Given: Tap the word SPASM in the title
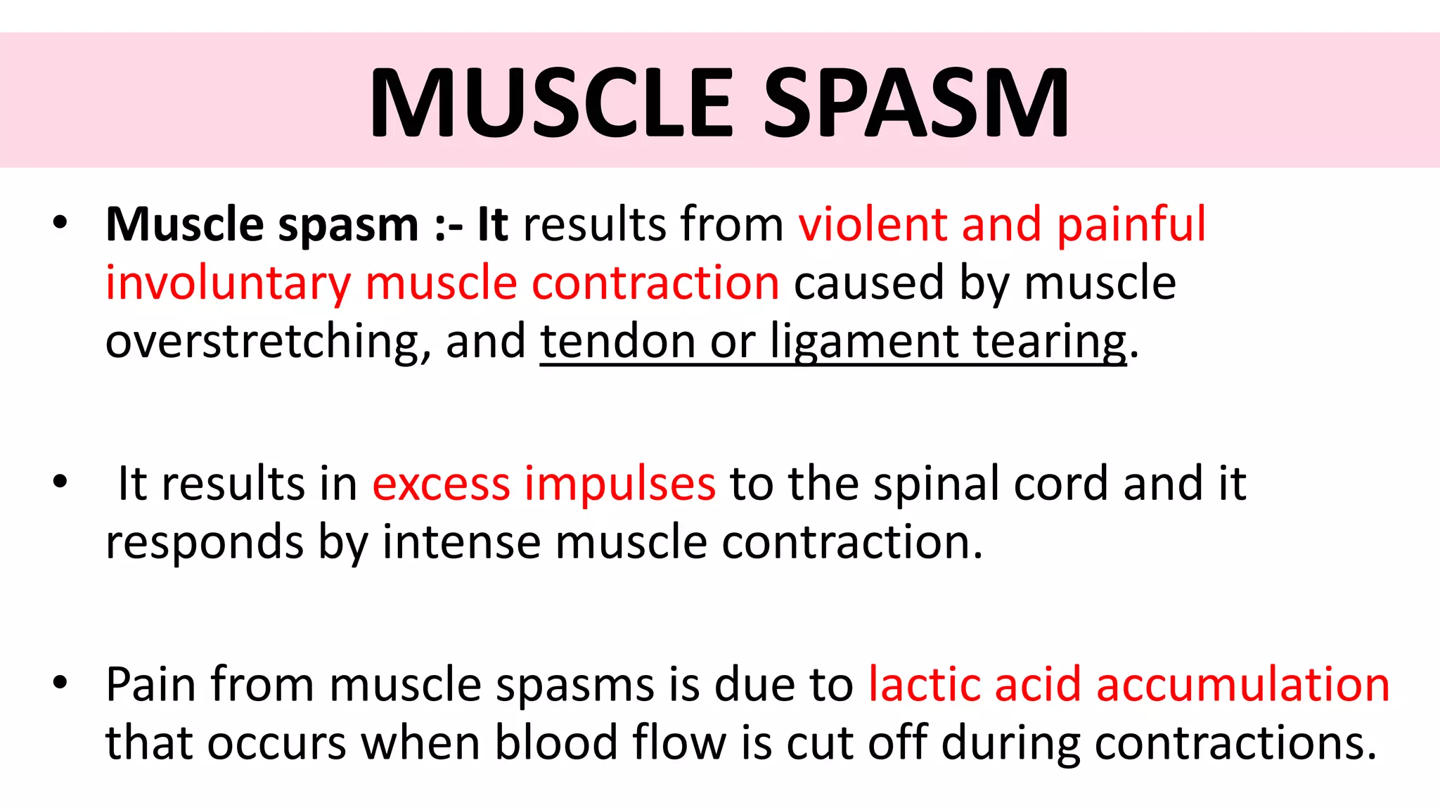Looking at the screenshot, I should (916, 103).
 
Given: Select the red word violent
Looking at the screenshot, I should (872, 225).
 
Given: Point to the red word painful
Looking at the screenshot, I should (1131, 225).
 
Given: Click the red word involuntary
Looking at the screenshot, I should (228, 283).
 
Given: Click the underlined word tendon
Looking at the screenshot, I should (617, 342).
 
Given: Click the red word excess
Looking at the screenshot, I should (441, 484).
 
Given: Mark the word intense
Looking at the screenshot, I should (461, 542).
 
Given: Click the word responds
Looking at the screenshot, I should (204, 542).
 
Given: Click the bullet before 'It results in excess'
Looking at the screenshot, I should (60, 482).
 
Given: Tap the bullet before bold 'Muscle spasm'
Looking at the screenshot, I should (60, 222).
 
